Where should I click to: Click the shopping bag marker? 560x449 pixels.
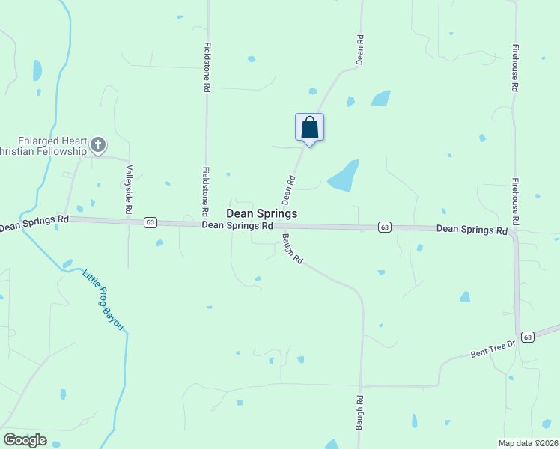(309, 128)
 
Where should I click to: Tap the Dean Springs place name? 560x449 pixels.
(261, 213)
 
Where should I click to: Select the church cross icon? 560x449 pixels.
(98, 144)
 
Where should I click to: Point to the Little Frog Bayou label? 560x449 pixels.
(103, 300)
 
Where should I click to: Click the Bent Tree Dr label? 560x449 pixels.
(494, 347)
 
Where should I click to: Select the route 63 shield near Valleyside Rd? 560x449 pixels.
(150, 222)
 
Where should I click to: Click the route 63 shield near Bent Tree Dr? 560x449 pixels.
(527, 337)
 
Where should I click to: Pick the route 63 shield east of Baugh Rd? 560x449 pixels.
(384, 227)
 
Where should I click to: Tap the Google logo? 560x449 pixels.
(25, 440)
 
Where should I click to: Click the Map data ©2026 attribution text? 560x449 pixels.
(528, 443)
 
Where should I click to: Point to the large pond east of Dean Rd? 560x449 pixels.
(344, 177)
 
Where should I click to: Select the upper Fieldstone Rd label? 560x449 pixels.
(207, 66)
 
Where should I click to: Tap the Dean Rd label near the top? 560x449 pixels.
(360, 48)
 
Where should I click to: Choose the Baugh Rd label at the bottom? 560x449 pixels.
(359, 412)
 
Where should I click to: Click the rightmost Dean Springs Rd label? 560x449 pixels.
(472, 230)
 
